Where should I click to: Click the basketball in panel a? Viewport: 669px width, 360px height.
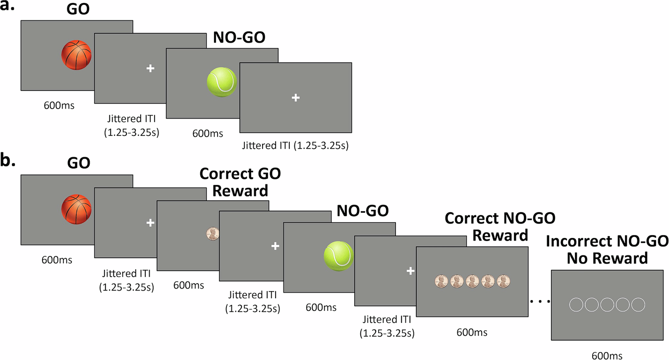pyautogui.click(x=77, y=55)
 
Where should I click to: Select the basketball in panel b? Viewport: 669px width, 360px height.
pyautogui.click(x=77, y=210)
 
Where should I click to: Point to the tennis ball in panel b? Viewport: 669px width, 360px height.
pyautogui.click(x=338, y=256)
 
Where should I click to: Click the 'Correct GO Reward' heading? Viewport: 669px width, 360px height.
pyautogui.click(x=240, y=181)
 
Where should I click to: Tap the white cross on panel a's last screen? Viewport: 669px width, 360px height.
pyautogui.click(x=295, y=98)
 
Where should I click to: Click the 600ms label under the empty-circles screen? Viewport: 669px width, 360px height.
pyautogui.click(x=607, y=354)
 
